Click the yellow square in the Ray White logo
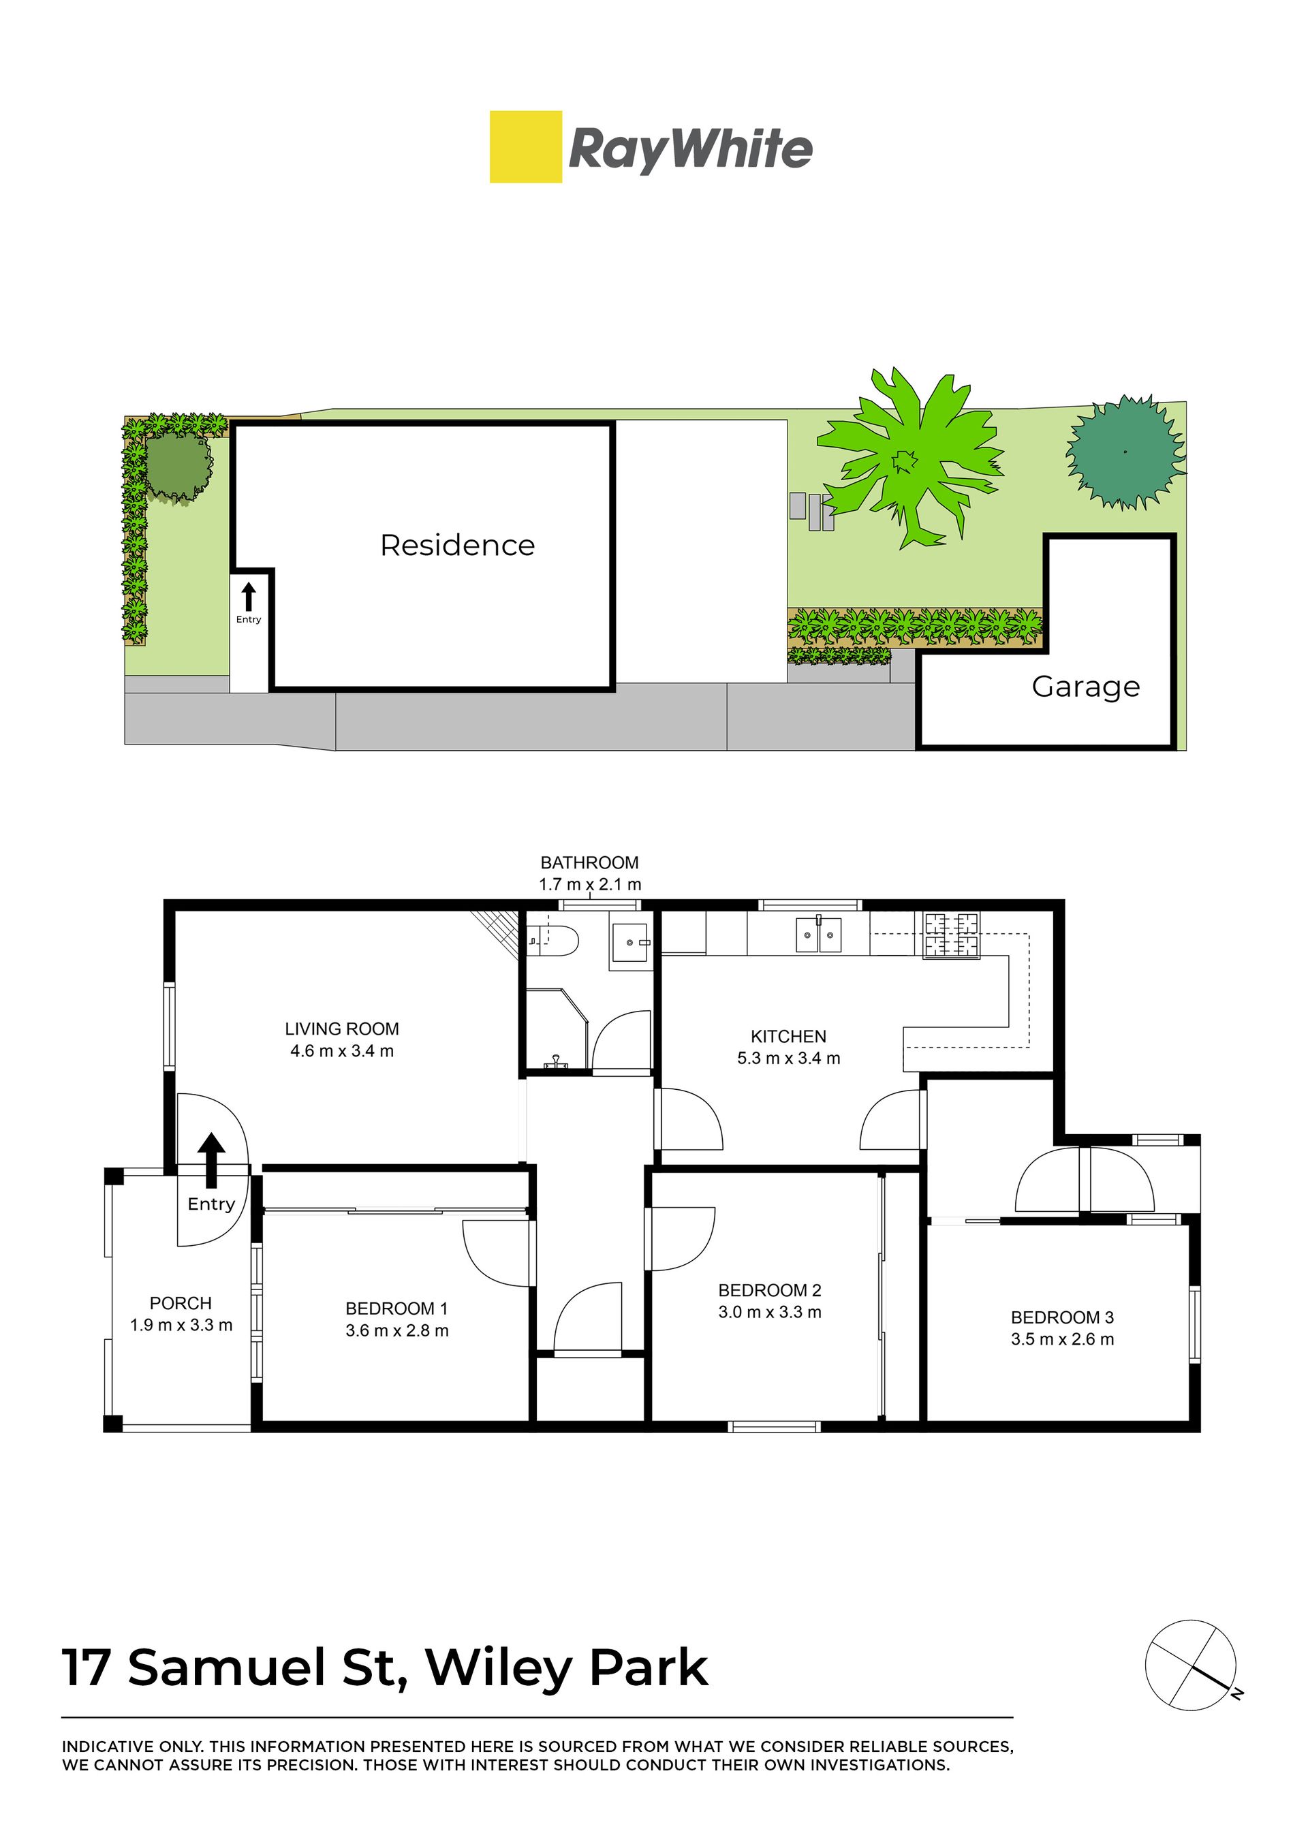point(526,146)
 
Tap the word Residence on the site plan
point(458,545)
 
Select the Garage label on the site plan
point(1086,687)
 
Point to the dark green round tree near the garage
point(1125,452)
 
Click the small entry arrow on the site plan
point(249,597)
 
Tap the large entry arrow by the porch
point(212,1160)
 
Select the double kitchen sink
point(818,934)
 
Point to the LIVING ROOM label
point(342,1029)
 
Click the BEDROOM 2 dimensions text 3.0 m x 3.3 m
point(770,1312)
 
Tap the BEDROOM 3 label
point(1062,1317)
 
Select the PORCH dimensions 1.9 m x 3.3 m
point(181,1325)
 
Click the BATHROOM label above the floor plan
point(589,862)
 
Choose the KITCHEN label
point(788,1036)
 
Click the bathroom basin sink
point(631,942)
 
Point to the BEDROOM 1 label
point(397,1309)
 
